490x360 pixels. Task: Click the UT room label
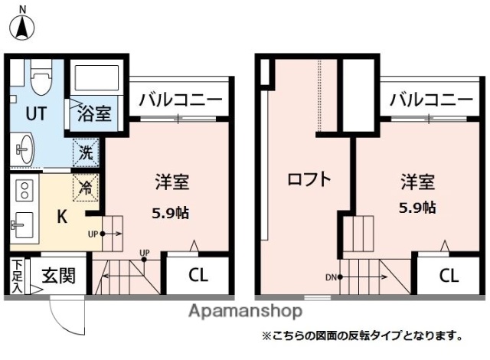coord(36,113)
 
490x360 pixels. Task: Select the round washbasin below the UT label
coord(25,148)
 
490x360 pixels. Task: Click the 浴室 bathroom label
coord(94,114)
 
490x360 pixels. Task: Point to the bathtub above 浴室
coord(96,80)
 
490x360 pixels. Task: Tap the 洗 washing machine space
coord(87,152)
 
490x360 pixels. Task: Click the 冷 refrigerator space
coord(87,185)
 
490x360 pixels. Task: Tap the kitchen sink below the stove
coord(22,221)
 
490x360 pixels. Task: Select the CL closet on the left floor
coord(198,275)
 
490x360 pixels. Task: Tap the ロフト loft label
coord(309,180)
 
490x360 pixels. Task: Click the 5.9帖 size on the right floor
coord(417,207)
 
